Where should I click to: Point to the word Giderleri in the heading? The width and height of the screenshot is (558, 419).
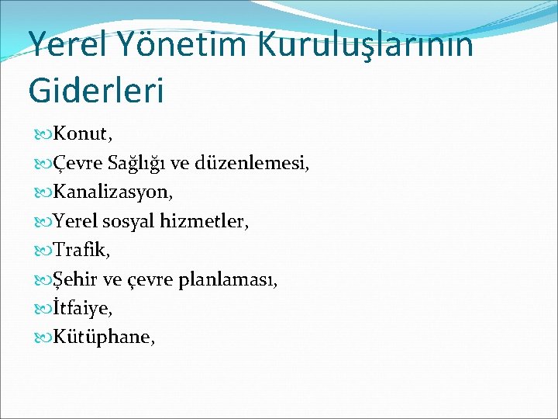pyautogui.click(x=96, y=89)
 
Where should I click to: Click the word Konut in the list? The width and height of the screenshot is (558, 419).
pyautogui.click(x=80, y=135)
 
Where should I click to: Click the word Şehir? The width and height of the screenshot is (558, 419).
pyautogui.click(x=74, y=279)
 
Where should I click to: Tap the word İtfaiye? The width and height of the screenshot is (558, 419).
pyautogui.click(x=81, y=309)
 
